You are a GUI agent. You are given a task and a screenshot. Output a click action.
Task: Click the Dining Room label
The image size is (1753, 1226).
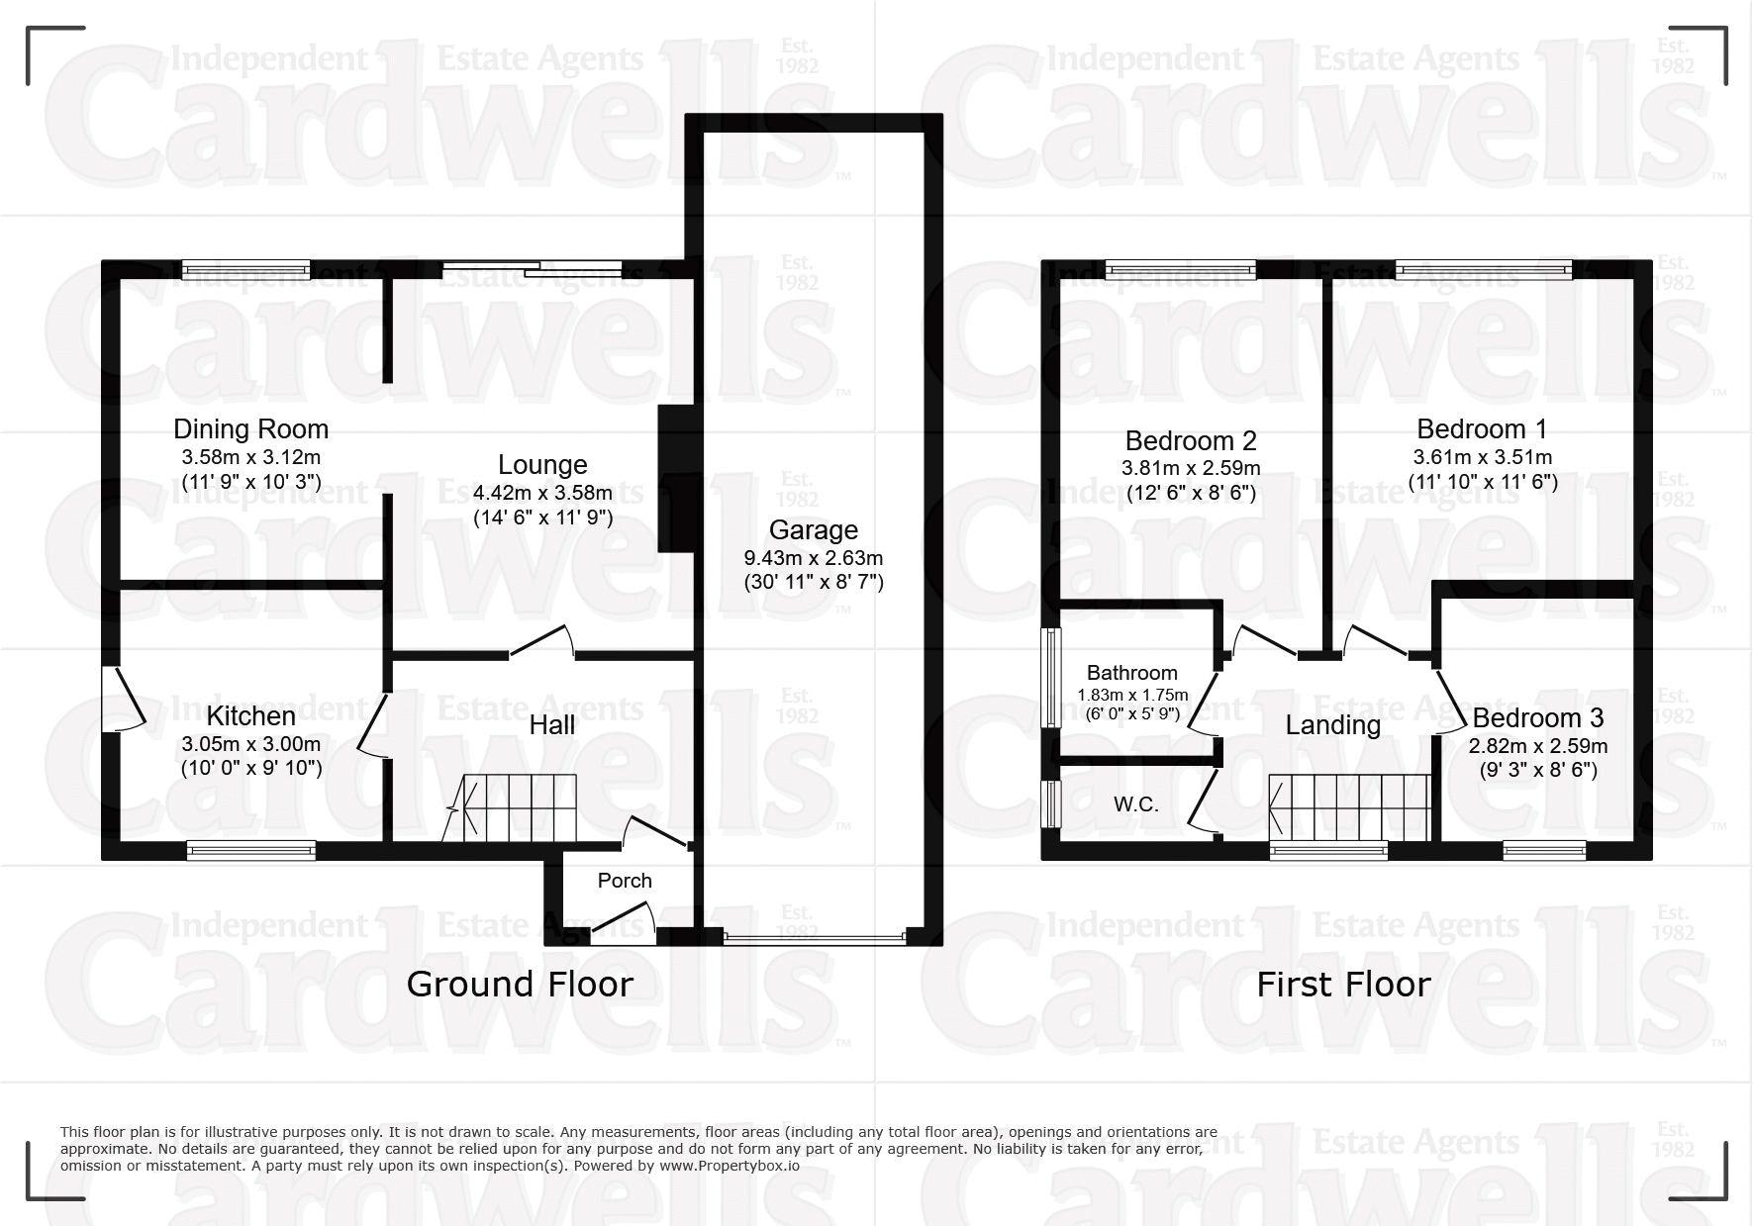point(250,429)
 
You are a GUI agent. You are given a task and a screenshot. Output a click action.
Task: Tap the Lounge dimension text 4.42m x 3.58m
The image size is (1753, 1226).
point(542,493)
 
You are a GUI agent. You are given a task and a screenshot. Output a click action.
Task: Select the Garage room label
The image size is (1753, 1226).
point(814,530)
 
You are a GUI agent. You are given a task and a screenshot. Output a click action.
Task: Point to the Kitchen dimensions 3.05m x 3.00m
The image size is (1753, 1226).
point(251,744)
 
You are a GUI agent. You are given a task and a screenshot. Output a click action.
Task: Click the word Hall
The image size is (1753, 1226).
point(552,725)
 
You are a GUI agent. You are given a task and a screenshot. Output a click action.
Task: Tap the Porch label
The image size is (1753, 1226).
point(625,881)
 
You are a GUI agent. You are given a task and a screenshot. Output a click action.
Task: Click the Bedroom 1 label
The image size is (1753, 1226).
point(1482,429)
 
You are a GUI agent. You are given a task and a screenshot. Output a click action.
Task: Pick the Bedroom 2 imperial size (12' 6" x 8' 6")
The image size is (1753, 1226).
point(1191,492)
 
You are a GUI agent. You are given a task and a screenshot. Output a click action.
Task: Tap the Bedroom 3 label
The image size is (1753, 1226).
point(1538,718)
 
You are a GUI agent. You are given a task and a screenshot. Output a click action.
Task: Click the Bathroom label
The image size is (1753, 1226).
point(1132,674)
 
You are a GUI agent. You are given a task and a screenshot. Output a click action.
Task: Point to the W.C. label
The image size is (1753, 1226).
point(1136,804)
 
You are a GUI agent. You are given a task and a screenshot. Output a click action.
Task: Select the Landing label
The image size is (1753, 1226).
point(1333,725)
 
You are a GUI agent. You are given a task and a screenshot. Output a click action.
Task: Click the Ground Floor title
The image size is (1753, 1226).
point(520,985)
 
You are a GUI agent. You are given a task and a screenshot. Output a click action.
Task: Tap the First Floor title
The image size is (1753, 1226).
point(1344,985)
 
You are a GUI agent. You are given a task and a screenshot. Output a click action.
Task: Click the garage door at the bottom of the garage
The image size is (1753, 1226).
point(814,935)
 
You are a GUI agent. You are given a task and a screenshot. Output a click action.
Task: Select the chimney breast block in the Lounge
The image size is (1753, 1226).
point(673,478)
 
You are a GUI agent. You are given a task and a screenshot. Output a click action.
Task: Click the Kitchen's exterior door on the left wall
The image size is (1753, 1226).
point(124,698)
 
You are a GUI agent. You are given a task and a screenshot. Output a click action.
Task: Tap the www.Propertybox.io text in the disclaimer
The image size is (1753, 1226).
point(730,1166)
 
